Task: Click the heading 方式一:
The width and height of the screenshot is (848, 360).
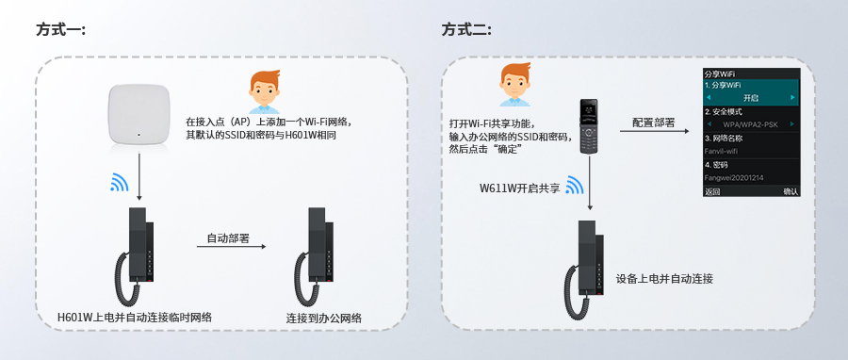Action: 60,30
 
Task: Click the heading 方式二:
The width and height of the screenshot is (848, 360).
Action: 466,30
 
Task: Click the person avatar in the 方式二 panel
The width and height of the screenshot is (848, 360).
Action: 513,85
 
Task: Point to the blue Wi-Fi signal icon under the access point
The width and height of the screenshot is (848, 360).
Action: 120,182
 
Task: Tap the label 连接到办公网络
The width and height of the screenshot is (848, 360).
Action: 324,319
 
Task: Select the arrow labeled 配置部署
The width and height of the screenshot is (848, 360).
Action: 653,133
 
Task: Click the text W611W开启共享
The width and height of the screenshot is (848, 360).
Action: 518,188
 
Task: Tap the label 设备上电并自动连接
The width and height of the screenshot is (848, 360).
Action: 664,279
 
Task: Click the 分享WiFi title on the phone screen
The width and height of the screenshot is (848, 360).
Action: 720,74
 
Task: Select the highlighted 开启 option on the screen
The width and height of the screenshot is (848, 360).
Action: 751,98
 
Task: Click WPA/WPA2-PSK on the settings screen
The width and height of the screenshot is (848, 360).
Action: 751,124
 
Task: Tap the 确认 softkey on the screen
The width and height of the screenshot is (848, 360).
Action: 790,191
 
